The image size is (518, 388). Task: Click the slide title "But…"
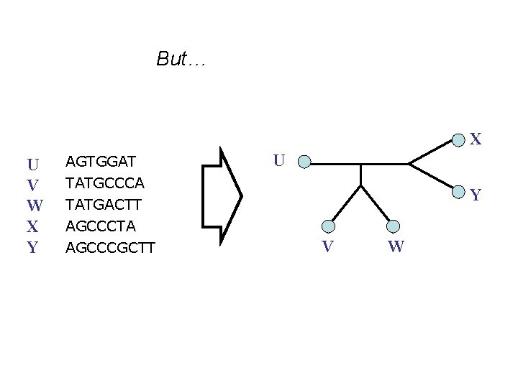(x=182, y=59)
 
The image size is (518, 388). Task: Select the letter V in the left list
(x=32, y=185)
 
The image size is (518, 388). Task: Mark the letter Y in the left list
(x=32, y=249)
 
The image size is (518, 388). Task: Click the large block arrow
(x=223, y=194)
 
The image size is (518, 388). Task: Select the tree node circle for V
(x=328, y=226)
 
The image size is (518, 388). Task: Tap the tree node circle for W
(x=393, y=226)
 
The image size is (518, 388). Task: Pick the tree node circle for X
(x=458, y=137)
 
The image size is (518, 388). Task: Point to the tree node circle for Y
(x=458, y=191)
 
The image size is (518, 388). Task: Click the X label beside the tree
(x=476, y=139)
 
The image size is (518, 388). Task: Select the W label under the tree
(x=395, y=248)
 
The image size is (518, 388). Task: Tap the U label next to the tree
(x=281, y=160)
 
